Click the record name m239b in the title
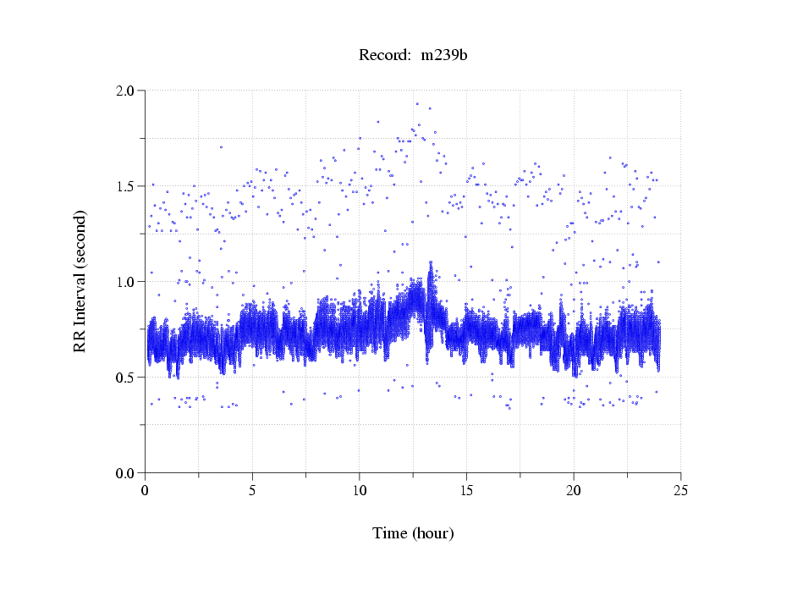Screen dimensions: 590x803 (x=444, y=56)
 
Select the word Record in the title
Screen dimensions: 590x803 (x=381, y=56)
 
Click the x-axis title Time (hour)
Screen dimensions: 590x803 (x=413, y=533)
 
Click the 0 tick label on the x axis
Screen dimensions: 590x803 (x=146, y=490)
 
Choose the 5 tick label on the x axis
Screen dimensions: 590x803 (x=253, y=490)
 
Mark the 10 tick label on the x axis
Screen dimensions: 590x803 (x=360, y=490)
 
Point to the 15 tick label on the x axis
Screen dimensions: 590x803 (x=467, y=490)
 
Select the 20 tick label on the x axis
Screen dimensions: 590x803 (x=574, y=490)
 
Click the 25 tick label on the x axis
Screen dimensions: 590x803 (x=681, y=490)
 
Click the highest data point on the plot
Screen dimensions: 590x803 (x=417, y=104)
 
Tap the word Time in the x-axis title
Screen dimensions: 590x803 (x=390, y=533)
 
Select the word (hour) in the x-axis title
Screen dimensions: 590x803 (x=432, y=533)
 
